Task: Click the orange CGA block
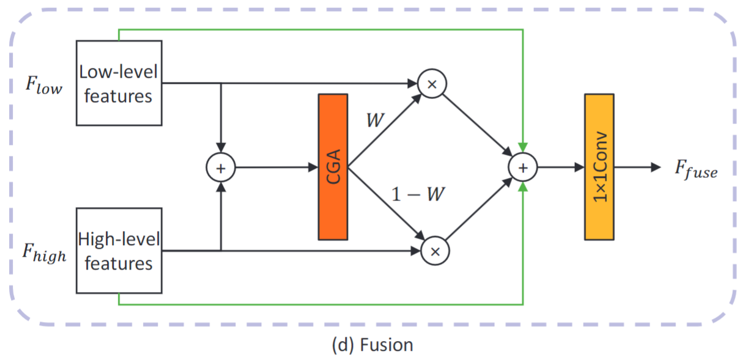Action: (x=333, y=166)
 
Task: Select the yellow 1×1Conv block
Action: (x=599, y=166)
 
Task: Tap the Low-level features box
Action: (x=119, y=83)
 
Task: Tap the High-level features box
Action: (x=119, y=251)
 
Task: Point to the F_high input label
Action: (x=45, y=252)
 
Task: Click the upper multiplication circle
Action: (x=432, y=84)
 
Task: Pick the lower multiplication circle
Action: (x=436, y=249)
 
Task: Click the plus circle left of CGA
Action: (x=221, y=167)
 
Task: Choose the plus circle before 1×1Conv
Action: (x=523, y=167)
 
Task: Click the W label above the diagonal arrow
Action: (x=374, y=120)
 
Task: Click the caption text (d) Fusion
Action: (x=372, y=345)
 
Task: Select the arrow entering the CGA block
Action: (x=275, y=167)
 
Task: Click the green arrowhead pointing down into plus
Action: (x=523, y=147)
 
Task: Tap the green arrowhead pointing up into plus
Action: (x=523, y=186)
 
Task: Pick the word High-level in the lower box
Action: (x=119, y=239)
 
